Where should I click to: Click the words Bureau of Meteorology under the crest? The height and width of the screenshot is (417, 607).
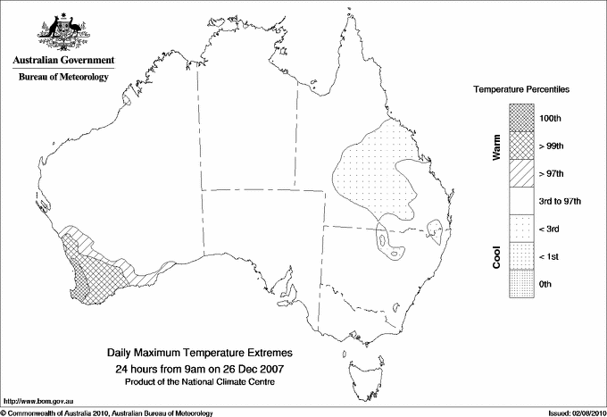(x=63, y=77)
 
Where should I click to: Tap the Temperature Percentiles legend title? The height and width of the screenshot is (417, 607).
(x=522, y=91)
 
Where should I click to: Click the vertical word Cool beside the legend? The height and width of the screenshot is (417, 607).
(x=497, y=256)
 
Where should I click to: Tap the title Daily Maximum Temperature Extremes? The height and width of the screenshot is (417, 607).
(x=200, y=354)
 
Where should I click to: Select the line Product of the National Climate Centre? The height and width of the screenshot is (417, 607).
(x=200, y=381)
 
